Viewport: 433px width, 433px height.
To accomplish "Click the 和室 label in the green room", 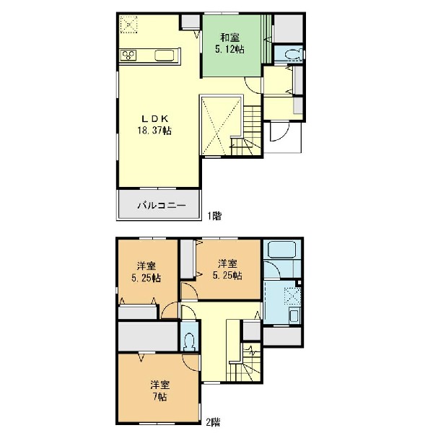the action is pos(229,38).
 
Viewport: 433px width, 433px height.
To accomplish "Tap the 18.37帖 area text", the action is pos(154,131).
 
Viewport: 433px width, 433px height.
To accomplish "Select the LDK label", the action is pos(155,119).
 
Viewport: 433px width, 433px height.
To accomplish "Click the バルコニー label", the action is pos(162,206).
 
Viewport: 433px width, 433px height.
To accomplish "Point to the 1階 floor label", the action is pos(214,216).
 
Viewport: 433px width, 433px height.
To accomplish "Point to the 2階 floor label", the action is pos(213,422).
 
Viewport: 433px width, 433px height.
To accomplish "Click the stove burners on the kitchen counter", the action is pos(128,55).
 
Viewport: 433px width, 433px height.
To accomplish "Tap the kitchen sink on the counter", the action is pos(165,56).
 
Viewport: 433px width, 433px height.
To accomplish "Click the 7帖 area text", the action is pos(159,397).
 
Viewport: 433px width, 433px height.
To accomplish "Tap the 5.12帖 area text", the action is pos(229,49).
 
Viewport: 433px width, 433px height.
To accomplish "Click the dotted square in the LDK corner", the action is pos(128,25).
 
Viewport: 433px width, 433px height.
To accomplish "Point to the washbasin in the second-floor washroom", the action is pos(294,315).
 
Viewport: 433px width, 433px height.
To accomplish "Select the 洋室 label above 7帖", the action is pos(160,385).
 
